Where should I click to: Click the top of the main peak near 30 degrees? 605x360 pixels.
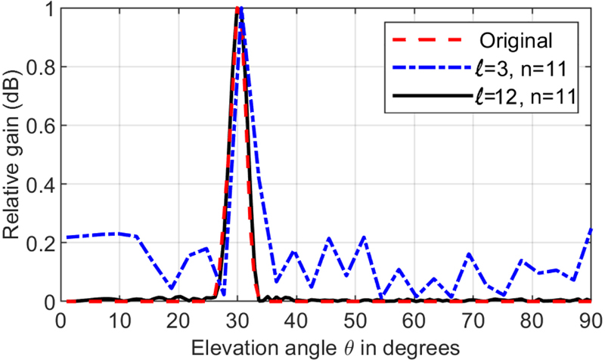coord(238,9)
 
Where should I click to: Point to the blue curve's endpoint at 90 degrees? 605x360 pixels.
coord(590,228)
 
